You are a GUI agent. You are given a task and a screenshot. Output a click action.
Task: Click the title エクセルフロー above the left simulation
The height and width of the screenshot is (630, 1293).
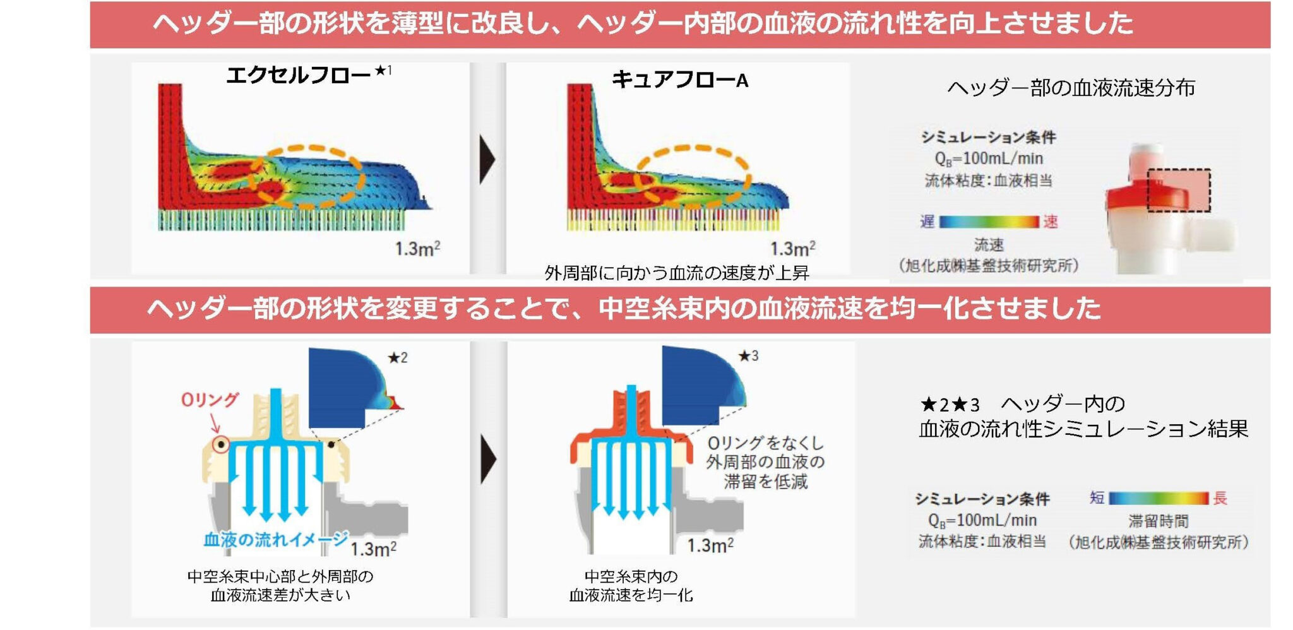click(298, 75)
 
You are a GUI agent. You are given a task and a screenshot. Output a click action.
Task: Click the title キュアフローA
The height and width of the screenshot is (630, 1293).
click(680, 80)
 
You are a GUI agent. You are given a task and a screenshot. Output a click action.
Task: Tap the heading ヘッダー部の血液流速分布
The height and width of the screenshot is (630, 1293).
click(1071, 88)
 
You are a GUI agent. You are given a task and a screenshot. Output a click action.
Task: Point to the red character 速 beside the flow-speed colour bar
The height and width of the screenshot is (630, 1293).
click(1050, 222)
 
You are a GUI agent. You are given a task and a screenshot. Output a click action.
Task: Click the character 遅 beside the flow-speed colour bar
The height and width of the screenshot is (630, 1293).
click(927, 222)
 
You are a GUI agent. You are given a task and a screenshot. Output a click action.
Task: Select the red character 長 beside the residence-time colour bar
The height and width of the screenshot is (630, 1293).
click(1220, 498)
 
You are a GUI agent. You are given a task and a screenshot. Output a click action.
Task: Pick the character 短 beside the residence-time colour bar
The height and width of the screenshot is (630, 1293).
click(1097, 498)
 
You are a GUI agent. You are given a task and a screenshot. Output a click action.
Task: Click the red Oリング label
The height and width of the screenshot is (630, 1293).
click(210, 400)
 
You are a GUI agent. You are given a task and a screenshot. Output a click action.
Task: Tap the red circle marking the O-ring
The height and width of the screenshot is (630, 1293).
click(221, 444)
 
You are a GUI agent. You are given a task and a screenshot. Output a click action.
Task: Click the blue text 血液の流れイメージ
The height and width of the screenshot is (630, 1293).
click(275, 539)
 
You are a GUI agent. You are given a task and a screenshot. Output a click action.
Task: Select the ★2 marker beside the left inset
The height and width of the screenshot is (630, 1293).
click(398, 358)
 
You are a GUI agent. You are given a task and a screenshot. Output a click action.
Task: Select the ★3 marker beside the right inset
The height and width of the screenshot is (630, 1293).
click(749, 356)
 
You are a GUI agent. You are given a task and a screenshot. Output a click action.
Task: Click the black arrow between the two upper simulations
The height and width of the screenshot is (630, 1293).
click(487, 159)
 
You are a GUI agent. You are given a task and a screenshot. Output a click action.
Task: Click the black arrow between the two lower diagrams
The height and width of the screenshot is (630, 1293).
click(488, 459)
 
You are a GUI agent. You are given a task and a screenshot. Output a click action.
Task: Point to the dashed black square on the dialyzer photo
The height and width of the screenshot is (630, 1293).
click(1178, 190)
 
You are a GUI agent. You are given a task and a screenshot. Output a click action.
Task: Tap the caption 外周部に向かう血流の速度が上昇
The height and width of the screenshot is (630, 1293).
click(677, 273)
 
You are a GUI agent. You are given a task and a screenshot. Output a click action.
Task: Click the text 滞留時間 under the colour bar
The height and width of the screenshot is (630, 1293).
click(1158, 521)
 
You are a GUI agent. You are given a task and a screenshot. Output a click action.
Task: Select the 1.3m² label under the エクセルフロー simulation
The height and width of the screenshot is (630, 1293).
click(417, 249)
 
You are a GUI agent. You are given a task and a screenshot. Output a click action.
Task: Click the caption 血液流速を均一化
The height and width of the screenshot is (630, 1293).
click(631, 595)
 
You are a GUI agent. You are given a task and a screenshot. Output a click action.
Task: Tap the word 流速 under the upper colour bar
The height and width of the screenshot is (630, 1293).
click(988, 244)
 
